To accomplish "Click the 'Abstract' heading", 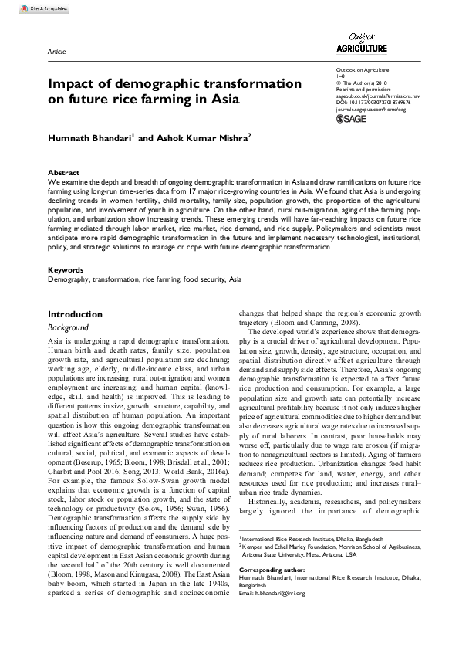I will coord(63,173).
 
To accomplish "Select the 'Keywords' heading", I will coord(66,270).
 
